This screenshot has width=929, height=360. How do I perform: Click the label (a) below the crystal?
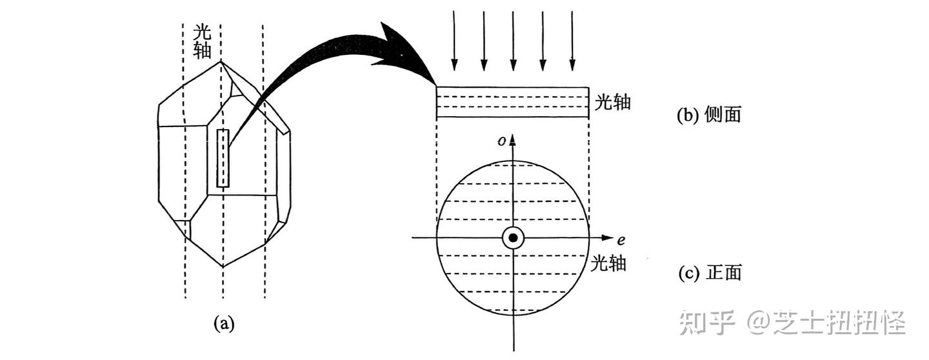224,324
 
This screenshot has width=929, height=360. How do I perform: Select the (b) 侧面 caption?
709,115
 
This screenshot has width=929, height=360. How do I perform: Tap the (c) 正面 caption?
709,273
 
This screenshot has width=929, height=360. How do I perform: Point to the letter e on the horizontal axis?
621,241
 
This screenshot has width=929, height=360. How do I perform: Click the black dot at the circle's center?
513,238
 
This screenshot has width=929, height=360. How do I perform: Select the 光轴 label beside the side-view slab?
612,103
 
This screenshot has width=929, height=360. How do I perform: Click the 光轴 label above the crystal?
202,41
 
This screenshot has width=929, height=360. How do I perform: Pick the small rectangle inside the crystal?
223,158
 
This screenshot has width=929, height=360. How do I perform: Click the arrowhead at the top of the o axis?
513,140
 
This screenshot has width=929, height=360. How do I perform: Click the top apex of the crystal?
221,62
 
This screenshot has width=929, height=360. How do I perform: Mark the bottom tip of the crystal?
223,266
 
